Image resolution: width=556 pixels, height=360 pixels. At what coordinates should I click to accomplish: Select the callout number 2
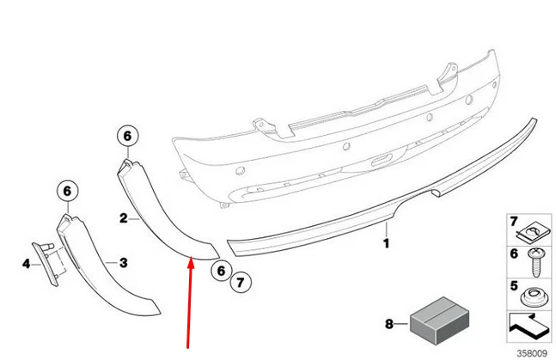[123, 219]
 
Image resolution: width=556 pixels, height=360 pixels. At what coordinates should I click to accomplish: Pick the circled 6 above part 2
[125, 135]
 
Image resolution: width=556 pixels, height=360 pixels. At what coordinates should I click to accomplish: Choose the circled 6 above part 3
[67, 192]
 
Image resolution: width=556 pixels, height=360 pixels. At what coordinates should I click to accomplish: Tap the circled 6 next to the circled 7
[220, 271]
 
